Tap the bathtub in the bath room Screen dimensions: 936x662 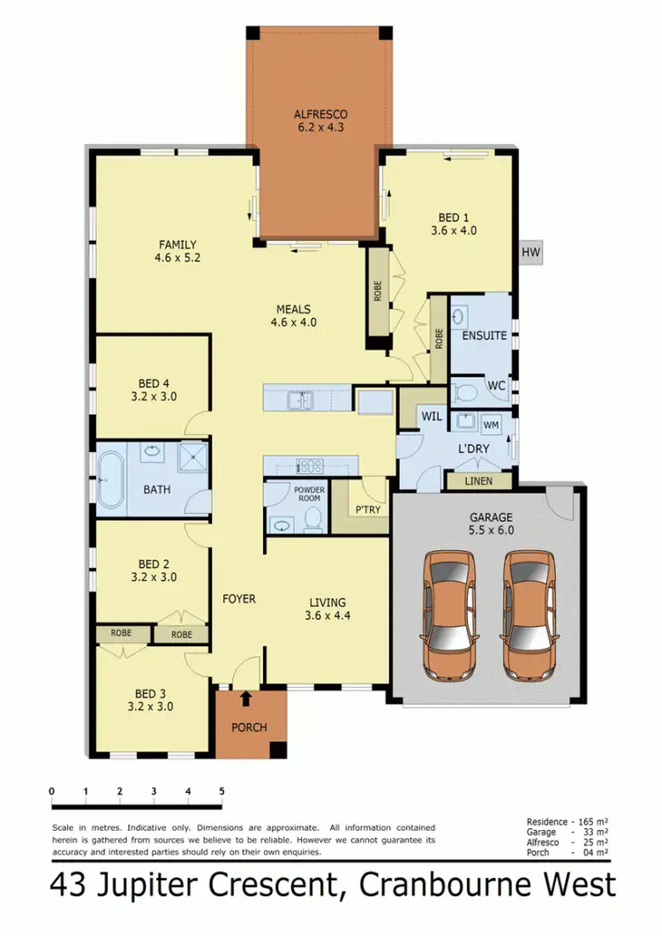[110, 479]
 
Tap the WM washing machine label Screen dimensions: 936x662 [492, 426]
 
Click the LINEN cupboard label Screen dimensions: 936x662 [468, 481]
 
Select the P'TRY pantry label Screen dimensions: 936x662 [366, 510]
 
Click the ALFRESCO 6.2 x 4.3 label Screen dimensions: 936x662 [320, 120]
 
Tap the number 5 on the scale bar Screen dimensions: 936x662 [222, 791]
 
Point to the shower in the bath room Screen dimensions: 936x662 [190, 456]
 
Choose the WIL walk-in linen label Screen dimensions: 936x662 [431, 414]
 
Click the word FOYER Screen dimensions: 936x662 [238, 599]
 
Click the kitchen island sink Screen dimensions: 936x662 [300, 401]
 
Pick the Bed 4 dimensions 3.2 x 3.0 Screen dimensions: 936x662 [154, 396]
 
